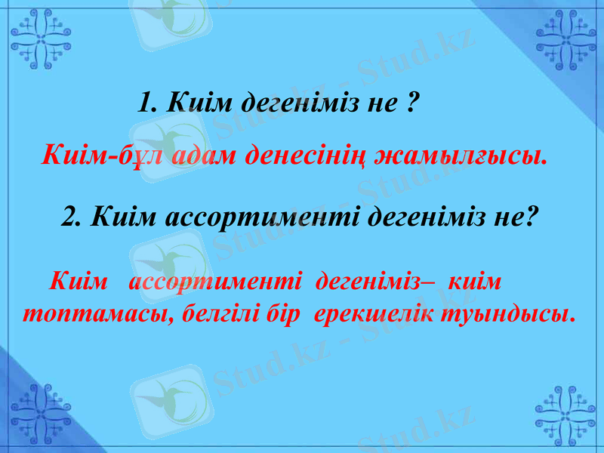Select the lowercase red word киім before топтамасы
[x=475, y=284]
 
